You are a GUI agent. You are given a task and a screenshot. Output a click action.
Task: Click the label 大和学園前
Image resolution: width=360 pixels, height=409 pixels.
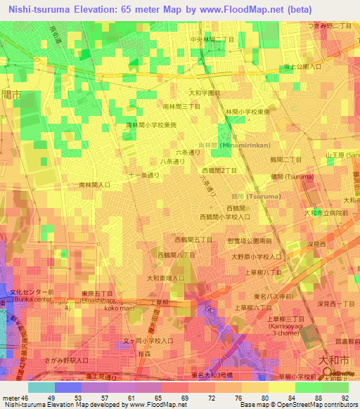coord(205,92)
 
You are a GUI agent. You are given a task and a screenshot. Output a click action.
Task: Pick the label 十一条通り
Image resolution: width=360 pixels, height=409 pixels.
coord(144,176)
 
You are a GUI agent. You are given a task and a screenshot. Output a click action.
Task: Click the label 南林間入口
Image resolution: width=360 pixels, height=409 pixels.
coord(94,185)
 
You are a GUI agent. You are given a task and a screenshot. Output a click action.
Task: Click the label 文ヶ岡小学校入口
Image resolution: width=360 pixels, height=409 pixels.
coord(149,341)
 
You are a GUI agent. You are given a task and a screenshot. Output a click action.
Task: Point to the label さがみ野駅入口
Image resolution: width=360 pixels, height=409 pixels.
coord(65,361)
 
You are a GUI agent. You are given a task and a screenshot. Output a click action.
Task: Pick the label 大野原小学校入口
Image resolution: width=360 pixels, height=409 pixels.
coord(258,257)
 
